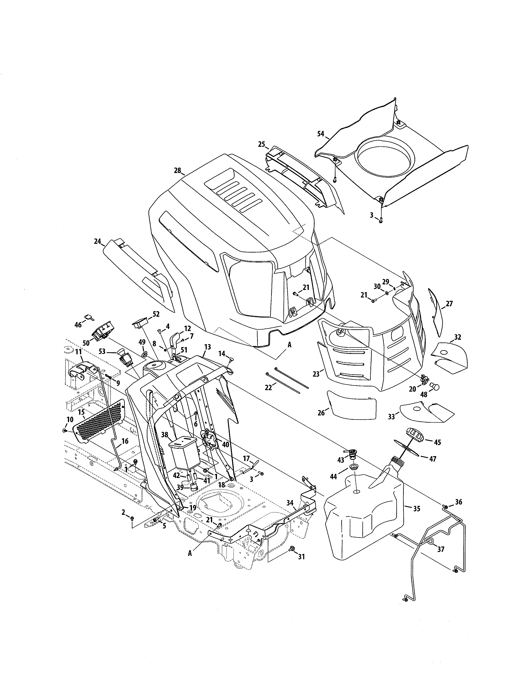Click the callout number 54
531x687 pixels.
pyautogui.click(x=320, y=134)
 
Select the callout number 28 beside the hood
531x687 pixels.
pyautogui.click(x=177, y=171)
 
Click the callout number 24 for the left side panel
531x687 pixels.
pyautogui.click(x=97, y=241)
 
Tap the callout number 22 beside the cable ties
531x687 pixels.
pyautogui.click(x=268, y=388)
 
